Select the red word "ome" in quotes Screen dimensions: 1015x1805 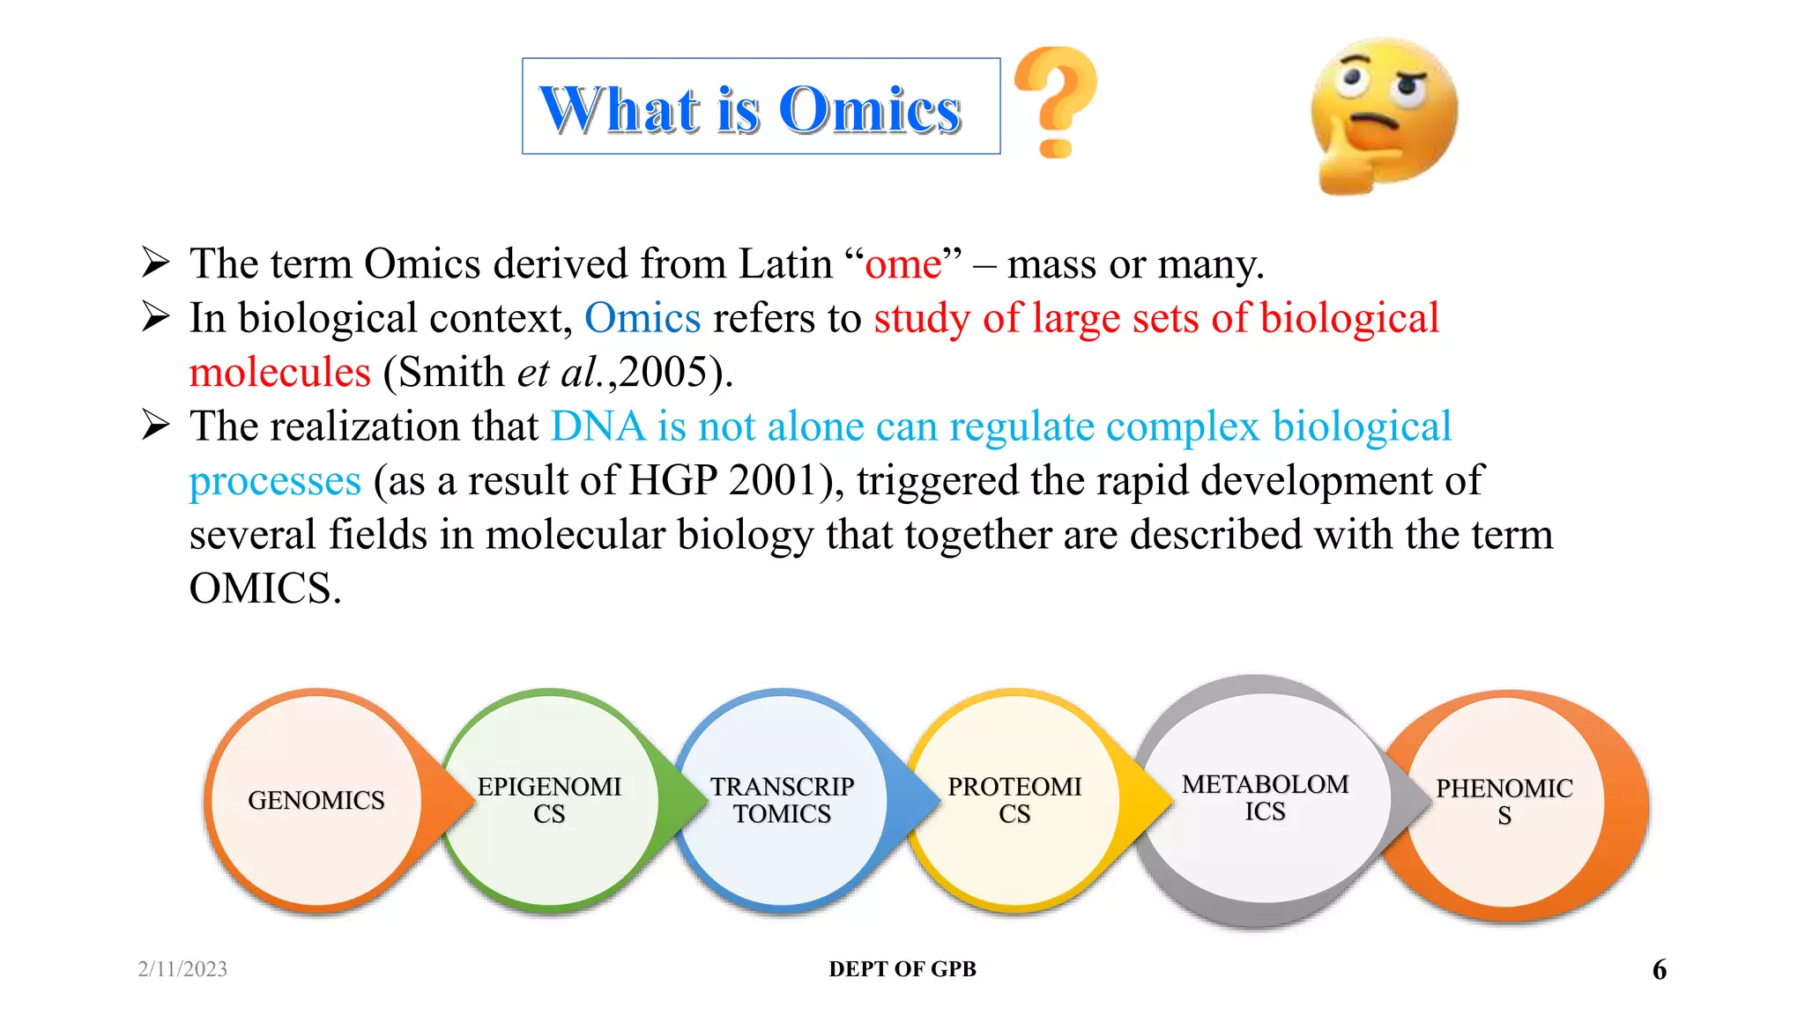[x=902, y=264]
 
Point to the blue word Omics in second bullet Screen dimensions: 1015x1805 [x=643, y=318]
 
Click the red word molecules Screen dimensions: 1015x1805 [x=280, y=373]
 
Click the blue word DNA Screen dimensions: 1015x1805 [x=598, y=427]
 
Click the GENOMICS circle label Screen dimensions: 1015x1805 [x=316, y=800]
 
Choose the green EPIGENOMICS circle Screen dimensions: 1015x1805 [x=549, y=800]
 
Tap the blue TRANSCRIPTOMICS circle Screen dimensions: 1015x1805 [x=782, y=800]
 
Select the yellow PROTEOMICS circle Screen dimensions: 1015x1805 [x=1014, y=800]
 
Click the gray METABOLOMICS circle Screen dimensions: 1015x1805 [x=1265, y=798]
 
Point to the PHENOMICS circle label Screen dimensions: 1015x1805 [x=1504, y=800]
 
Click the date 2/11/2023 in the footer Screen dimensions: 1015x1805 [x=182, y=969]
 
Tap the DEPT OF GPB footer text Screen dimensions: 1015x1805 [x=902, y=969]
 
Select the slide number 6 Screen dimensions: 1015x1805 [x=1659, y=970]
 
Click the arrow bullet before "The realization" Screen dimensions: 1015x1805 [x=156, y=426]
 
